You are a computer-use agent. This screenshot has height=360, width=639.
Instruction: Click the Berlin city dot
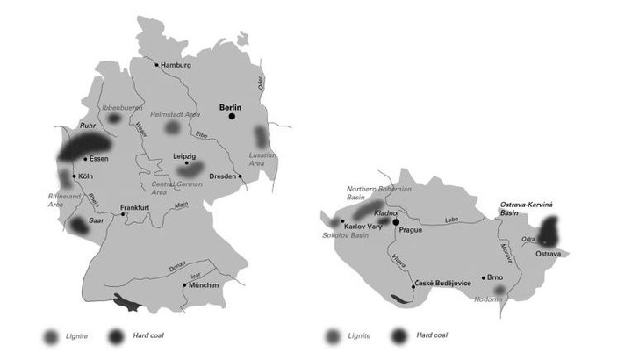[233, 116]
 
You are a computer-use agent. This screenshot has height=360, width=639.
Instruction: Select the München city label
[205, 284]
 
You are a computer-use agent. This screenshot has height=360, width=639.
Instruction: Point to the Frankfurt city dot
[125, 214]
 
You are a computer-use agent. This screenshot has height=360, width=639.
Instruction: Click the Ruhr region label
[88, 126]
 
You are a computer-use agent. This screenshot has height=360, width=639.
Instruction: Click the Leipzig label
[184, 156]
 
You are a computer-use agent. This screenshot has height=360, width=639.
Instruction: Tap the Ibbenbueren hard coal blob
[114, 118]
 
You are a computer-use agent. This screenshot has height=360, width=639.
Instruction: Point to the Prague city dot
[396, 222]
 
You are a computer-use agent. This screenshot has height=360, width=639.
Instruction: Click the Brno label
[495, 277]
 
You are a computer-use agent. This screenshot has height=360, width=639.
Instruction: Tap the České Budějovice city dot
[413, 285]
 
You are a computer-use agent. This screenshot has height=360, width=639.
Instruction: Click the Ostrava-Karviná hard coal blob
[550, 232]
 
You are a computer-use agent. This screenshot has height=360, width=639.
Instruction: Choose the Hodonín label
[487, 299]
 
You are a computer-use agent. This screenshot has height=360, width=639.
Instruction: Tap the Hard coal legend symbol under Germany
[117, 335]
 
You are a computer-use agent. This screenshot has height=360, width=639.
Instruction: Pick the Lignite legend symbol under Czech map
[332, 335]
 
